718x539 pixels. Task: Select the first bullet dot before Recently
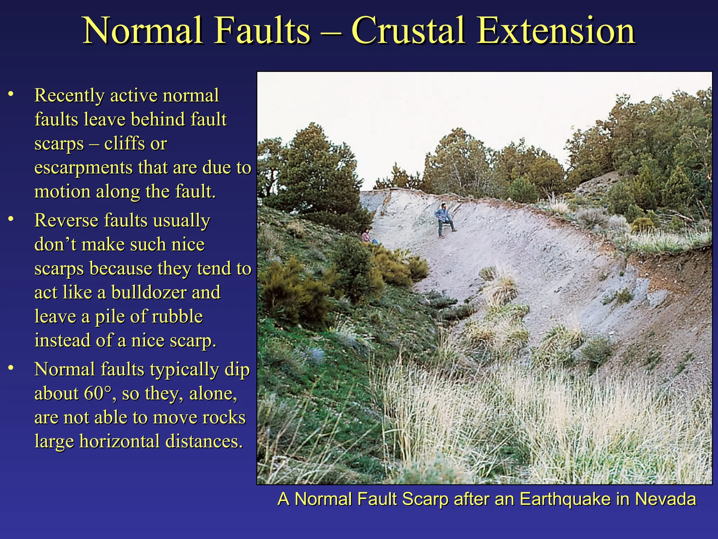(11, 94)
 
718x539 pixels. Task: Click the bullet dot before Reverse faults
(11, 219)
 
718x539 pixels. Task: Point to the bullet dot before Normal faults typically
(11, 367)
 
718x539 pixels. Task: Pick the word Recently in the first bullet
(69, 95)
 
